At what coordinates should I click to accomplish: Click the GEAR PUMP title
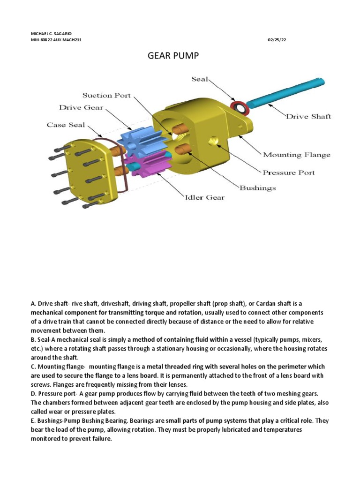(173, 56)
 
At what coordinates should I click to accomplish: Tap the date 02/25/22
(277, 40)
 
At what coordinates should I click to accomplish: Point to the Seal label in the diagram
(199, 79)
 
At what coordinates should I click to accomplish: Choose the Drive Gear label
(81, 108)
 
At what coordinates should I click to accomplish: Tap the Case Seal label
(66, 125)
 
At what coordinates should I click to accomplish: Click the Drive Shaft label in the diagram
(308, 116)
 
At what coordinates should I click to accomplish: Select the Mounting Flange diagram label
(296, 155)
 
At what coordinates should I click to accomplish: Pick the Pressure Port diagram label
(288, 172)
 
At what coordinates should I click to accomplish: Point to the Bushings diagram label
(257, 188)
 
